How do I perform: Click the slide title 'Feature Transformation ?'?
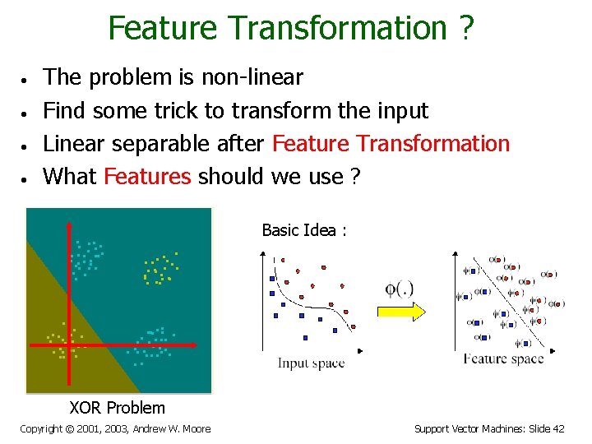coord(291,28)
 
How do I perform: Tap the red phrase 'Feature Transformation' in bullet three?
coord(391,143)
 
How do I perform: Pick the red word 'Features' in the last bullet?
coord(148,176)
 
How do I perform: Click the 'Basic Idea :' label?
coord(303,230)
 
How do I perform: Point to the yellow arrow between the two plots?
coord(400,312)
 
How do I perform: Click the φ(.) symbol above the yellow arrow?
coord(399,289)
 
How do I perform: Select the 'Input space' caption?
coord(311,363)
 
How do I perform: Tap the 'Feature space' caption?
coord(503,358)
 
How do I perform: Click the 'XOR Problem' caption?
coord(117,408)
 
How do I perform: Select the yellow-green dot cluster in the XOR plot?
coord(160,267)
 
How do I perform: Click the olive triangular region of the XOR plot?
coord(49,345)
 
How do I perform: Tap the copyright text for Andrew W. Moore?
coord(115,428)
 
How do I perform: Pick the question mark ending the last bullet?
coord(354,176)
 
